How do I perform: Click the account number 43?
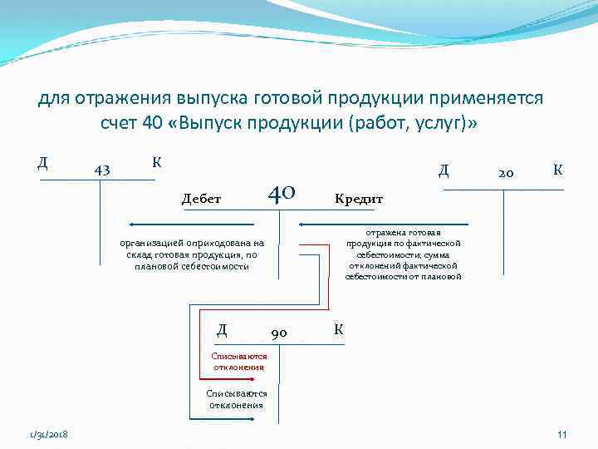(102, 170)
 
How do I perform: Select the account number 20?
(506, 173)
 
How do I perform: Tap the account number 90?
(280, 333)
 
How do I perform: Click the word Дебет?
(202, 199)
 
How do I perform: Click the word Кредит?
(358, 200)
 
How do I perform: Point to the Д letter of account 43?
(42, 160)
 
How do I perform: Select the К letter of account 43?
(155, 161)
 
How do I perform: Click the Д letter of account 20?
(444, 170)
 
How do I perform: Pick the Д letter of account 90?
(222, 329)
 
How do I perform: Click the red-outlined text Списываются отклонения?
(238, 361)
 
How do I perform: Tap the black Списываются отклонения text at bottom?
(237, 399)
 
